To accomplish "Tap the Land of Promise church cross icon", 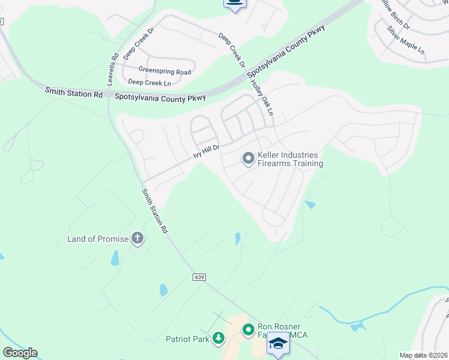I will (x=137, y=239).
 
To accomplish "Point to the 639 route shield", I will (x=200, y=277).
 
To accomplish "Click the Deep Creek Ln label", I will (x=149, y=83).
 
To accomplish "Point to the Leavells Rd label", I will (x=113, y=69).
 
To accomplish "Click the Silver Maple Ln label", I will (x=405, y=41).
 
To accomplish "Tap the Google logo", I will (x=20, y=353).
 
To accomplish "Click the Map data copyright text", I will (x=424, y=355).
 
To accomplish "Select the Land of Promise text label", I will (x=98, y=239).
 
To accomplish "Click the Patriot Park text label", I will (x=187, y=339).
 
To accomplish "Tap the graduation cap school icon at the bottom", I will (x=278, y=344).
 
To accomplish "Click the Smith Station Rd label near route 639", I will (x=154, y=211).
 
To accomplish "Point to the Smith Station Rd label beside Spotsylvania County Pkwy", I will (x=74, y=93).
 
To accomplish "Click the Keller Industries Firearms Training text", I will (x=290, y=159).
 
